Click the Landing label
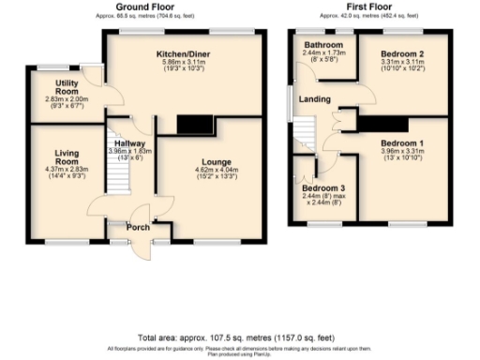point(312,98)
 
